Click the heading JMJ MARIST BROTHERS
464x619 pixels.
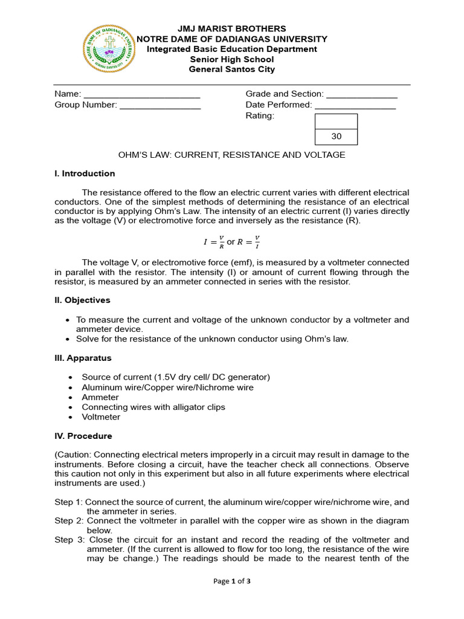coord(231,29)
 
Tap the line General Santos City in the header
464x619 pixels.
coord(231,70)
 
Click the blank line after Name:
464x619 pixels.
coord(141,95)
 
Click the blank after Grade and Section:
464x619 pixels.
coord(361,95)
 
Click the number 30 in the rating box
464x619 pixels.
coord(337,137)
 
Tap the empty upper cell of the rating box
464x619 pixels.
coord(337,122)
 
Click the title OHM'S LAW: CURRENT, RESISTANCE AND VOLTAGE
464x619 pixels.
coord(231,155)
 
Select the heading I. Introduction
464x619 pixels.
coord(85,174)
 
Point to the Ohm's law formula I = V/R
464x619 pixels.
coord(213,242)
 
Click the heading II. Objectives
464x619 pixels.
coord(83,300)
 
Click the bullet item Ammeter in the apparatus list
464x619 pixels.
coord(100,398)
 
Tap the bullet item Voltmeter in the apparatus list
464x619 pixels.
coord(101,417)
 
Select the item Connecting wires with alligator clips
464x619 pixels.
coord(153,407)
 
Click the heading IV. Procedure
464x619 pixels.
coord(83,436)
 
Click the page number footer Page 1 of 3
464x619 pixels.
coord(232,582)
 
